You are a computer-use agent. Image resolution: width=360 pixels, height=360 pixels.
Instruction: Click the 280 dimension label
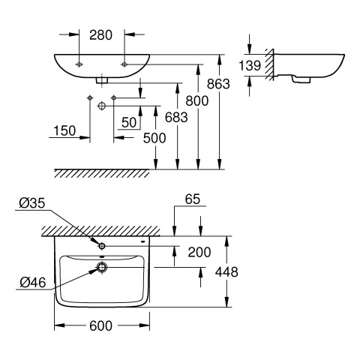[x=100, y=35]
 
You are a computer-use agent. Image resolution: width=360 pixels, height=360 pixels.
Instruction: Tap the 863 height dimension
[x=218, y=84]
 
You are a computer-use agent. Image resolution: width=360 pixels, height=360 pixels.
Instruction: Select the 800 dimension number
[x=197, y=101]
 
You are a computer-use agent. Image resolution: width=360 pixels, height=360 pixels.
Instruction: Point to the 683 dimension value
[x=176, y=117]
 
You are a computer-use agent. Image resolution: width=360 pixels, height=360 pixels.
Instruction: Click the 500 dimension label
[x=154, y=138]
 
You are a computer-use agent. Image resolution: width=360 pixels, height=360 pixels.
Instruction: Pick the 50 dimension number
[x=129, y=122]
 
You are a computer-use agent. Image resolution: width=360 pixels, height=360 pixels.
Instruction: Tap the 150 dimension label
[x=64, y=130]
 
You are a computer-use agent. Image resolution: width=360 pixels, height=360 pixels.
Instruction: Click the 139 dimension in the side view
[x=250, y=65]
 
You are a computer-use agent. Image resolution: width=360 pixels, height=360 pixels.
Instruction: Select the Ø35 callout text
[x=32, y=203]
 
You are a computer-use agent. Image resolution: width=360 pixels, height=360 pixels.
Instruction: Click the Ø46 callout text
[x=33, y=283]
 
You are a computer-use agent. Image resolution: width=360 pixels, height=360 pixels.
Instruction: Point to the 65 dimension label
[x=193, y=199]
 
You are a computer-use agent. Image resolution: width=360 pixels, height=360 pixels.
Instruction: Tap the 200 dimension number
[x=199, y=252]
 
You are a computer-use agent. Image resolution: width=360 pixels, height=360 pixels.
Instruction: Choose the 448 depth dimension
[x=226, y=271]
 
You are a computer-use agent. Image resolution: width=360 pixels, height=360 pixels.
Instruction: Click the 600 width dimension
[x=100, y=325]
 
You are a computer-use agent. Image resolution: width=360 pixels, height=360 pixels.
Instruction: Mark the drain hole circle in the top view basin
[x=102, y=267]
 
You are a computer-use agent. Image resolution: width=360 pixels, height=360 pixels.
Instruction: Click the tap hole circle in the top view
[x=102, y=246]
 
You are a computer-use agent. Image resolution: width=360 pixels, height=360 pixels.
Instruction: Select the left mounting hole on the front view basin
[x=79, y=64]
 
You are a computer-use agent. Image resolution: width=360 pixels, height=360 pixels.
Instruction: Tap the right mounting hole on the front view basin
[x=124, y=64]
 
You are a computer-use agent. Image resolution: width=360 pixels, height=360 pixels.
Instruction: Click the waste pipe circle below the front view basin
[x=102, y=106]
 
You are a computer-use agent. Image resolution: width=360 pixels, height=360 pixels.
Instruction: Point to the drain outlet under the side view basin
[x=301, y=79]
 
